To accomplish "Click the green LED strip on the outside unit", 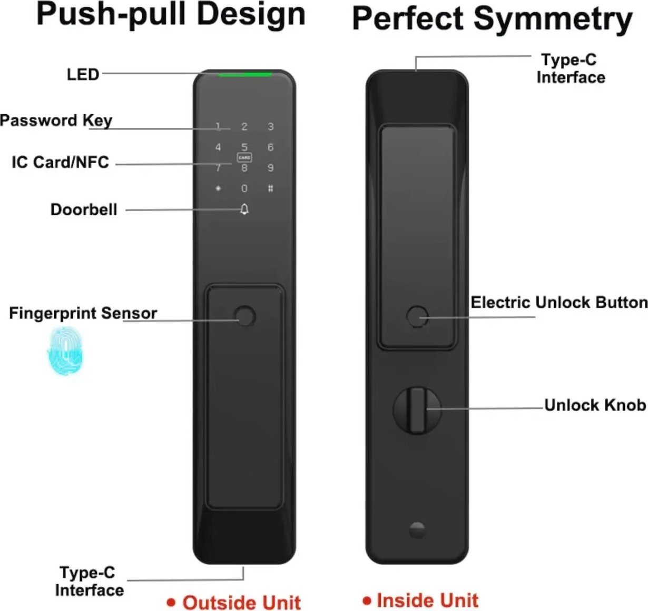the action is pos(245,75).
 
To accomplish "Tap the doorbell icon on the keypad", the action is pos(244,209).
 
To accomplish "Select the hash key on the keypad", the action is pos(270,188).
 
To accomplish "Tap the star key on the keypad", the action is pos(218,188).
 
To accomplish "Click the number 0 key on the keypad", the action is pos(244,188).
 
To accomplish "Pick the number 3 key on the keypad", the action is pos(270,126).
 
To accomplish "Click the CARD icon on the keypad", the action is pos(244,157).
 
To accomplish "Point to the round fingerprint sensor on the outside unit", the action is pos(245,316).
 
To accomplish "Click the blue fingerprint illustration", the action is pos(65,351).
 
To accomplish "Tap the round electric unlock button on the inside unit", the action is pos(417,316).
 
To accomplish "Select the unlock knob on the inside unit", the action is pos(417,410).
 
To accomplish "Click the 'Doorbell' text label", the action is pos(84,209).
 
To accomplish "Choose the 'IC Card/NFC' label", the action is pos(61,162).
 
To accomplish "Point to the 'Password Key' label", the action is pos(56,121).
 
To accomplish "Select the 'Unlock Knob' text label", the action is pos(595,405).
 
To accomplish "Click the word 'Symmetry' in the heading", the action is pos(553,19).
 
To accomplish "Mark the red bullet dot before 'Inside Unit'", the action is pos(367,600).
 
